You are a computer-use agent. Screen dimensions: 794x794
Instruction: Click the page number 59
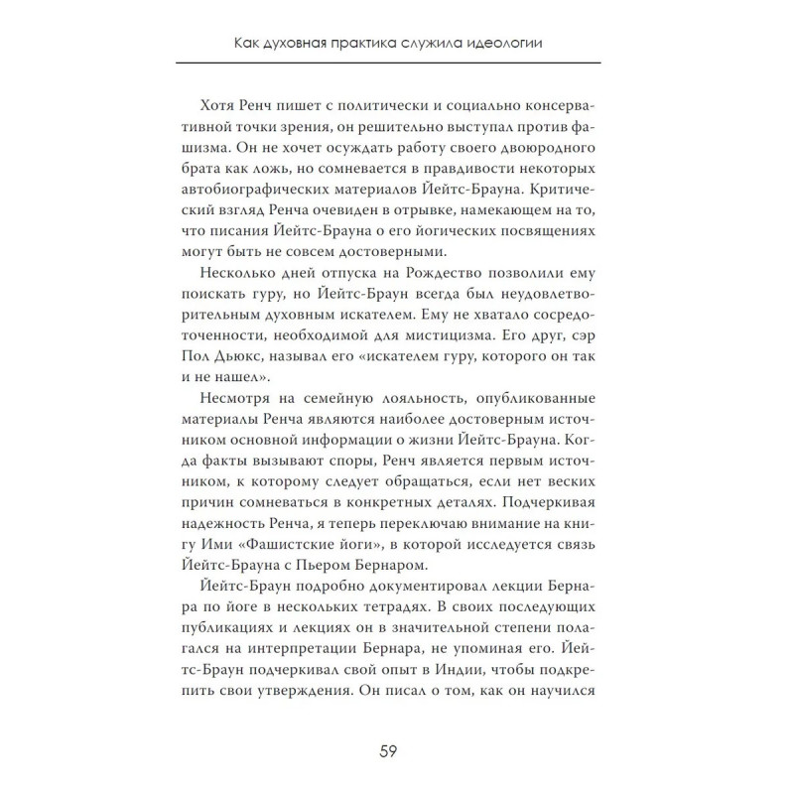(397, 748)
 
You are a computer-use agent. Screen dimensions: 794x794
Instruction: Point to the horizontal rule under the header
(397, 63)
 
